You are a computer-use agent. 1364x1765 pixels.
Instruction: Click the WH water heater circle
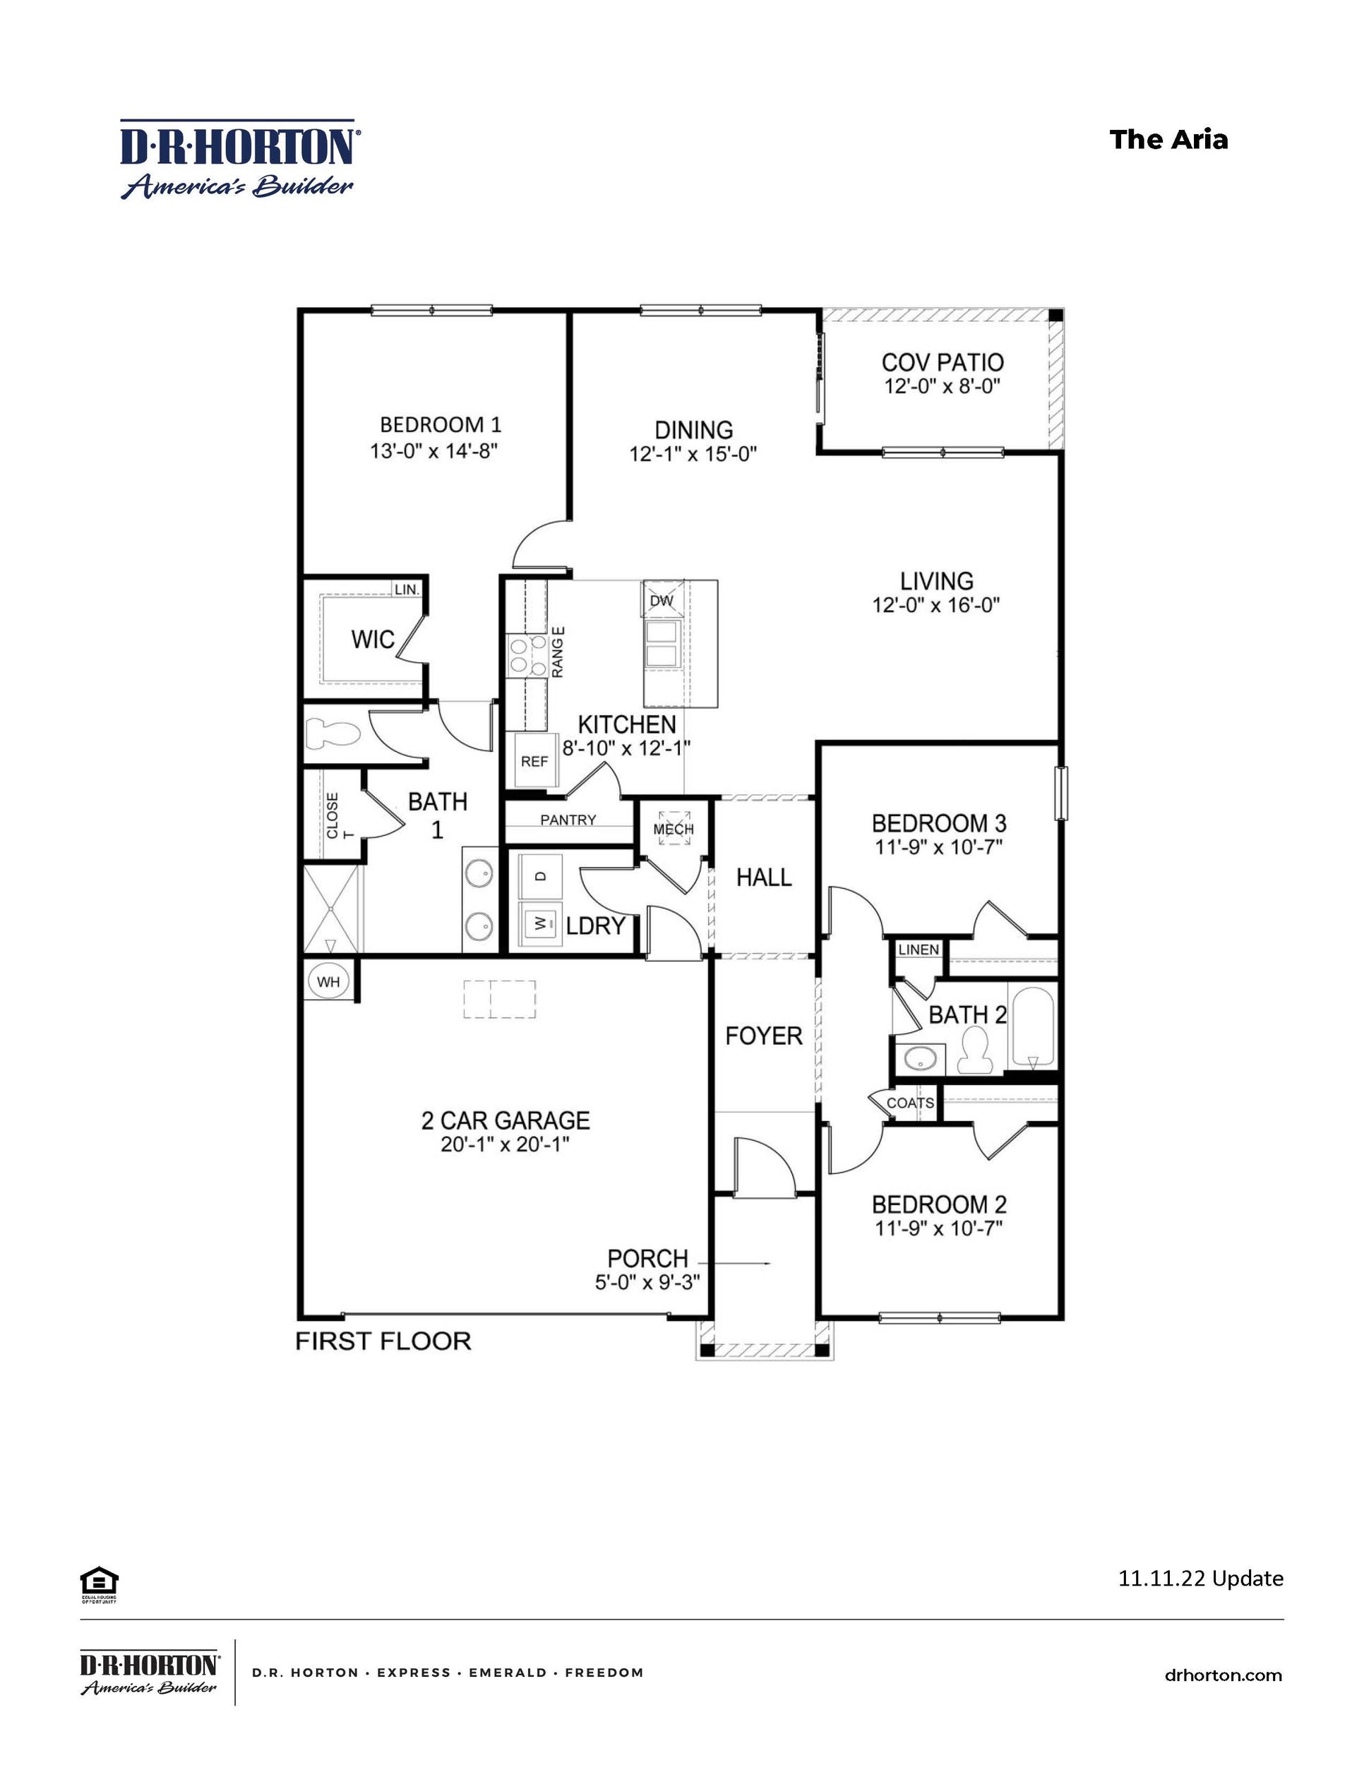(x=328, y=981)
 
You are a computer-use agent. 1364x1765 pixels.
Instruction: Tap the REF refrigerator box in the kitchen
(x=534, y=760)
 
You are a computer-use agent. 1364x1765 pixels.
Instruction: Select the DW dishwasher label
(x=662, y=601)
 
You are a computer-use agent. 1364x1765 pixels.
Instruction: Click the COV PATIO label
(x=943, y=362)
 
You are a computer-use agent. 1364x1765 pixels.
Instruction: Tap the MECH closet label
(x=673, y=828)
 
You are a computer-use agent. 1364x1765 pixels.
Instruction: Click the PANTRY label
(x=568, y=820)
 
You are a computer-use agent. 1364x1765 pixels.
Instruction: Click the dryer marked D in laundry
(x=541, y=876)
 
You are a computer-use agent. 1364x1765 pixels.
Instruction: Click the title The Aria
(x=1168, y=139)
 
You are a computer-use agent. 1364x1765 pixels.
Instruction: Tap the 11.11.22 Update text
(x=1200, y=1576)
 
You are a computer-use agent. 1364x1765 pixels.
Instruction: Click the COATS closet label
(x=911, y=1102)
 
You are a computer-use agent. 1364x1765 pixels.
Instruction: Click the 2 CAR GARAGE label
(x=505, y=1120)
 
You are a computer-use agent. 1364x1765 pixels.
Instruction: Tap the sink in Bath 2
(x=919, y=1057)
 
